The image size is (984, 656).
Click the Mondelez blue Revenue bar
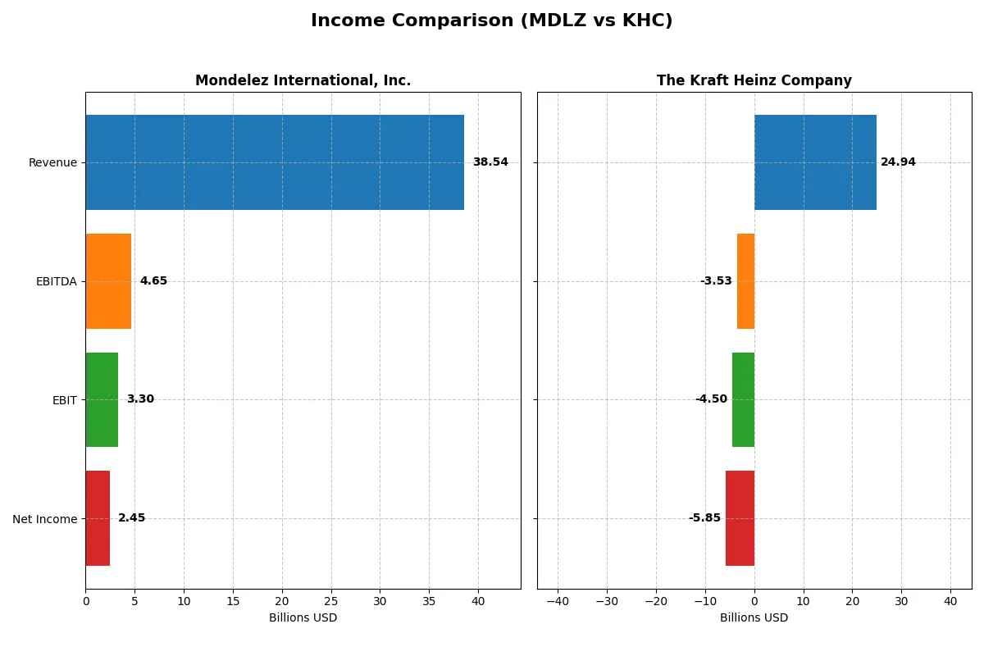point(275,162)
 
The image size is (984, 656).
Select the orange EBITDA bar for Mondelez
point(108,281)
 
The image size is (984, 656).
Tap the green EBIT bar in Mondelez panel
point(102,399)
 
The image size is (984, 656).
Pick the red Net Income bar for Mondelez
point(98,518)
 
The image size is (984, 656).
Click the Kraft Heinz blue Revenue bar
point(815,162)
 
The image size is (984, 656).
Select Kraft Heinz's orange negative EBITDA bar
point(745,281)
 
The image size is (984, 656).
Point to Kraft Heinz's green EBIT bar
point(743,399)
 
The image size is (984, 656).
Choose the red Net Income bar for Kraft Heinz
point(740,518)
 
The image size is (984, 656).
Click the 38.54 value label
point(490,162)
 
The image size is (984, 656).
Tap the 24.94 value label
point(898,162)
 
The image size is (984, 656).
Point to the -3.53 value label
point(716,281)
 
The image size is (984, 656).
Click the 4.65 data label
point(153,281)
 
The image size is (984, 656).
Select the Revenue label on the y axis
point(52,163)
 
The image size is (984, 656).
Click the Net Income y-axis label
point(45,519)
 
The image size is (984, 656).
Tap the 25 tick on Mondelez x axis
point(331,602)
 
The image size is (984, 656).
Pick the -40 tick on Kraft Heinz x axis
point(558,602)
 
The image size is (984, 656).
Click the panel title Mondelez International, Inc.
point(303,81)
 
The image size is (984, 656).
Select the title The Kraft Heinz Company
point(754,81)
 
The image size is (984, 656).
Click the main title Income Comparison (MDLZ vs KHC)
point(491,21)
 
